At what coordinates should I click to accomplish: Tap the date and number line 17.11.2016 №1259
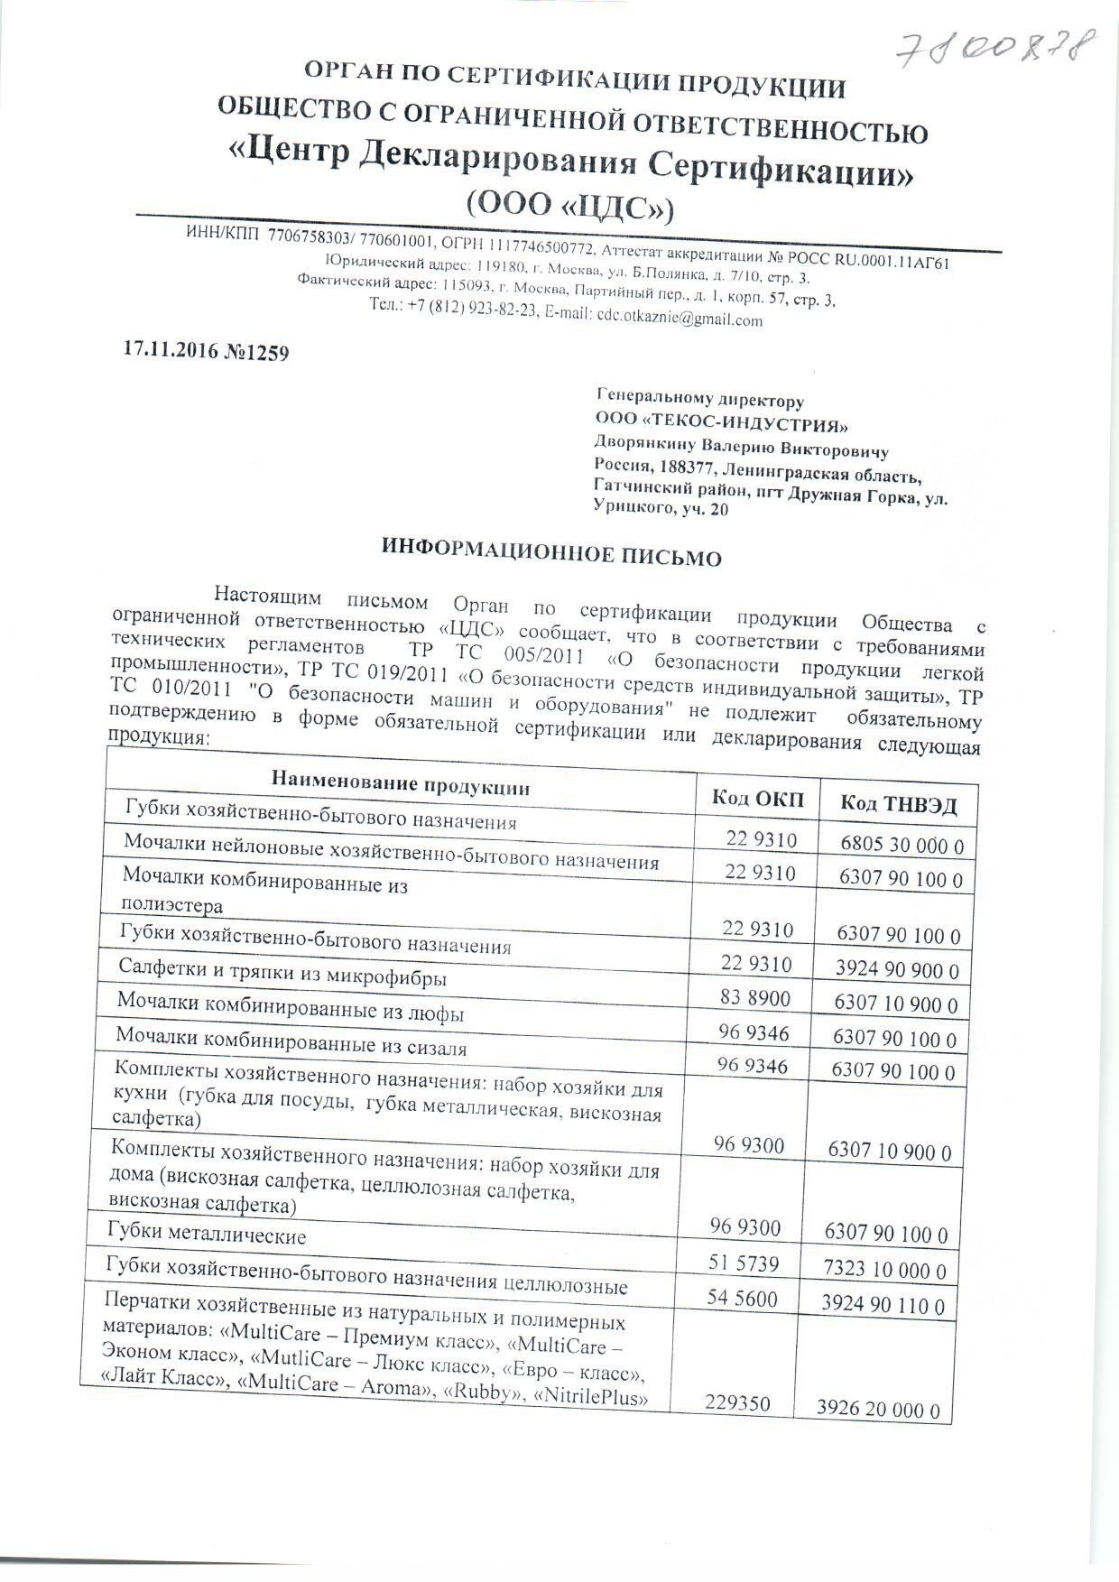[206, 351]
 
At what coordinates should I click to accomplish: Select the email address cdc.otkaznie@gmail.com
[679, 319]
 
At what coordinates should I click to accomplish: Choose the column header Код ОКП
[757, 798]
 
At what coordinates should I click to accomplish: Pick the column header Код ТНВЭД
[897, 804]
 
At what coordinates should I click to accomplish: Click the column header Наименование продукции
[401, 783]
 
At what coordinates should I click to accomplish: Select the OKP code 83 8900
[754, 998]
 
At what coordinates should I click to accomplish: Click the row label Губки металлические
[207, 1235]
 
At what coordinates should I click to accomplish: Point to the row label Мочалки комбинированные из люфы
[291, 1008]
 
